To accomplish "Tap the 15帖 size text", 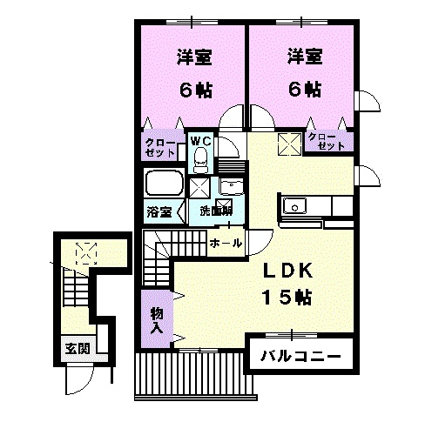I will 287,298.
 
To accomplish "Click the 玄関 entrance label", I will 76,348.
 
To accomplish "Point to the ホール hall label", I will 225,244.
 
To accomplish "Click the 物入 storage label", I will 157,319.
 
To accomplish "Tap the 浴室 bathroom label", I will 159,211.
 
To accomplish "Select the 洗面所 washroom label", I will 215,211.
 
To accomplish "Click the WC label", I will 201,140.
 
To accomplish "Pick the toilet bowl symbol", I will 201,157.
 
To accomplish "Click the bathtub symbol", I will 164,184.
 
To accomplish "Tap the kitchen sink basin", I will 294,207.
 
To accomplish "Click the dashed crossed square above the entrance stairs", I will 86,252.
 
